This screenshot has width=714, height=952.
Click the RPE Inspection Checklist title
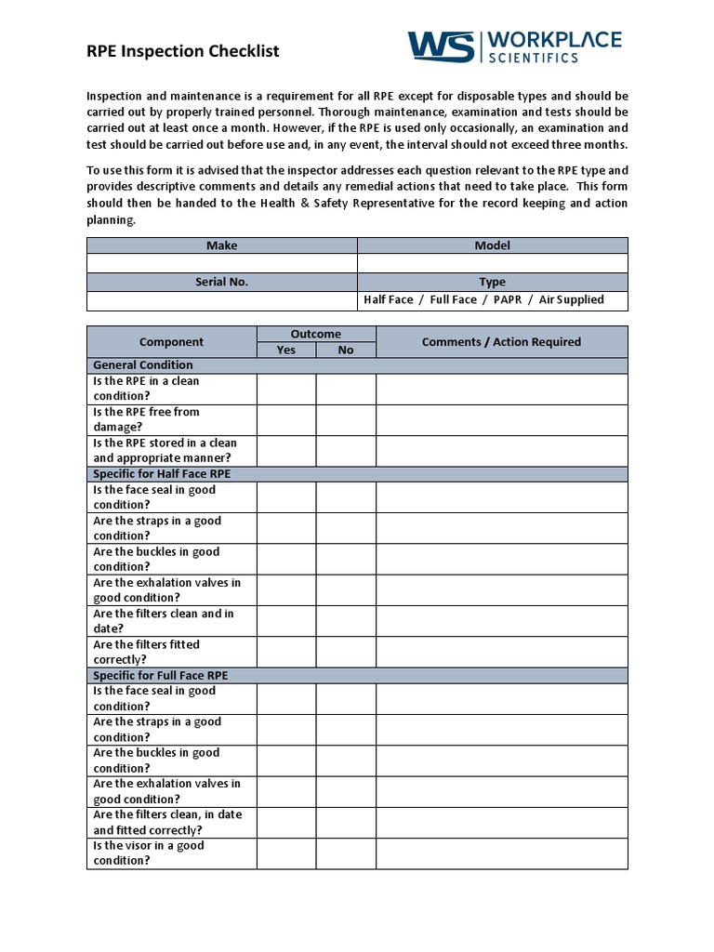coord(182,51)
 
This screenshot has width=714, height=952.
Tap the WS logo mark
coord(441,46)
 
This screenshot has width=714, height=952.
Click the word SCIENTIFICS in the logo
coord(534,58)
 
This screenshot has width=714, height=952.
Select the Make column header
coord(221,245)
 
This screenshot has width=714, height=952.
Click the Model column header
coord(492,245)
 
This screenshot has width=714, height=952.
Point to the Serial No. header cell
coord(221,282)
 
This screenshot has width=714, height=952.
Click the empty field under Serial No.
coord(221,300)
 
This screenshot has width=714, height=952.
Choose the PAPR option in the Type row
coord(508,300)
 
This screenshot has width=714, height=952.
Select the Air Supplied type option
coord(571,300)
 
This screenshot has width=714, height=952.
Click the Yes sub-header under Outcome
coord(286,350)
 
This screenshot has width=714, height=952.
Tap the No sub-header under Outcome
coord(346,350)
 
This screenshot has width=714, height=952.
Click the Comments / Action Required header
coord(501,342)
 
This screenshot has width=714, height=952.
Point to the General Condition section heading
coord(143,365)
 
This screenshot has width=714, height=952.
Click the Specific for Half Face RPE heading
coord(162,474)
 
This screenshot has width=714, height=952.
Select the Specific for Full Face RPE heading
coord(161,675)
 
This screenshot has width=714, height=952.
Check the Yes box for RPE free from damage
coord(286,420)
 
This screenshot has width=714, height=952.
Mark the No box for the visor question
coord(346,853)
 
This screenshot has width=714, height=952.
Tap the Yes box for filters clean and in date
coord(286,621)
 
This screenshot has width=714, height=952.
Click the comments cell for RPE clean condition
coord(501,389)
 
